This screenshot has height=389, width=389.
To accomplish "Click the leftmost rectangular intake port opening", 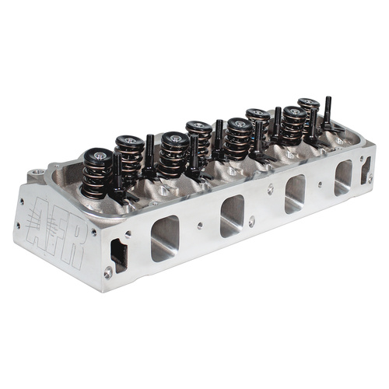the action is pyautogui.click(x=165, y=238).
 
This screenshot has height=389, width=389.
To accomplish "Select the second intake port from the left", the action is pyautogui.click(x=233, y=216).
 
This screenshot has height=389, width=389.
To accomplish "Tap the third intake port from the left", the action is pyautogui.click(x=295, y=194).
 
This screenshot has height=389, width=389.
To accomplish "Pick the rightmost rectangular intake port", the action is pyautogui.click(x=343, y=177).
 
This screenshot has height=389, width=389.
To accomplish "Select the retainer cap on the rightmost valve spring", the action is pyautogui.click(x=309, y=103).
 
